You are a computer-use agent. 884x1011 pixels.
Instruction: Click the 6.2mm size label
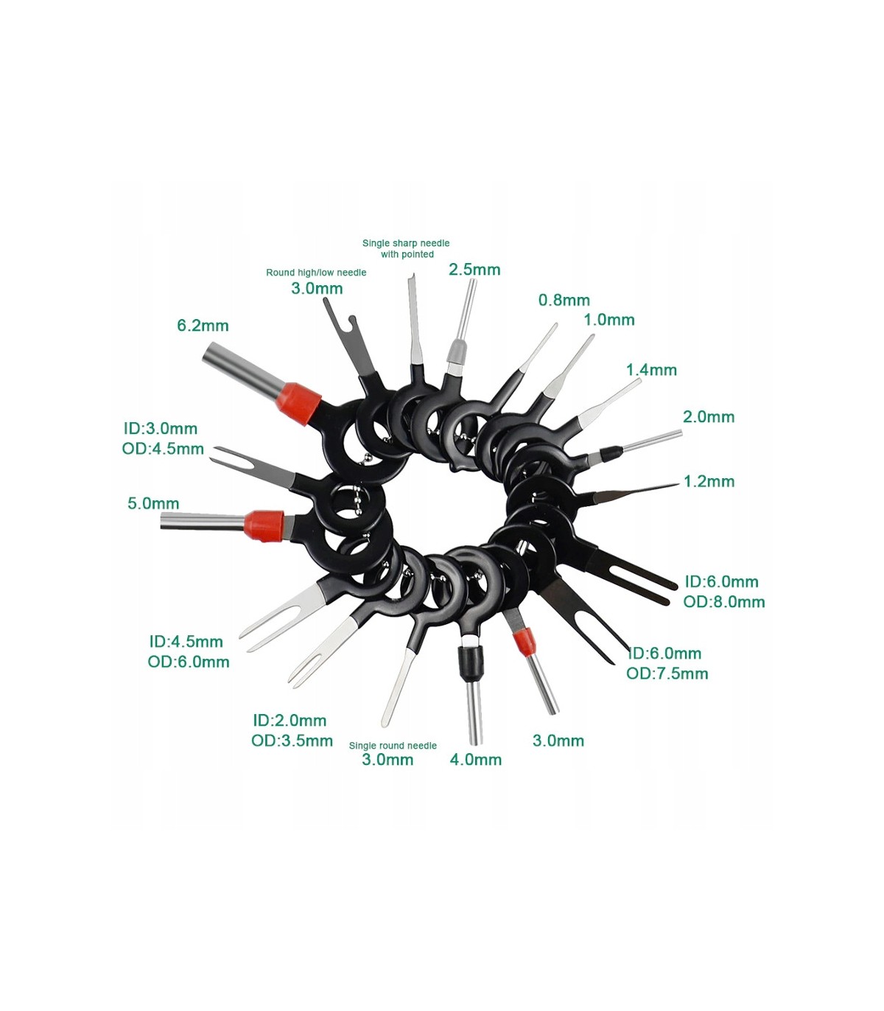(203, 326)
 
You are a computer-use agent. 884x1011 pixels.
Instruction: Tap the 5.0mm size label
(153, 503)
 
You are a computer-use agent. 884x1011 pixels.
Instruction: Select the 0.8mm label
(564, 300)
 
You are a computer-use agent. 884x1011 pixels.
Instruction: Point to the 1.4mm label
(651, 370)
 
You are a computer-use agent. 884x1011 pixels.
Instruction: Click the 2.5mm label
(474, 269)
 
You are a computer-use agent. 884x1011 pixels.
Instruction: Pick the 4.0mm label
(476, 760)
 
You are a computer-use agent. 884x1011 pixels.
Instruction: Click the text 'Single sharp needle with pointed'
(406, 248)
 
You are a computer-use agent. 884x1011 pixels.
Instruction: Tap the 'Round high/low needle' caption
(316, 272)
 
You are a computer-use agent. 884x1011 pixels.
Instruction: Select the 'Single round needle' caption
(393, 746)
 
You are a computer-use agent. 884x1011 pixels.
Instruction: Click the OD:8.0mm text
(724, 602)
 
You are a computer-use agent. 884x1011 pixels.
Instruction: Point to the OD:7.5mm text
(667, 674)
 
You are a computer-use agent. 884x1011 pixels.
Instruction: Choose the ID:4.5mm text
(186, 642)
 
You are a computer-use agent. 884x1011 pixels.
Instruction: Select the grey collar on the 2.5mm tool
(456, 354)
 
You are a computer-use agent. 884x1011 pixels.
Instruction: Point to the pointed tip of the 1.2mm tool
(678, 485)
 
